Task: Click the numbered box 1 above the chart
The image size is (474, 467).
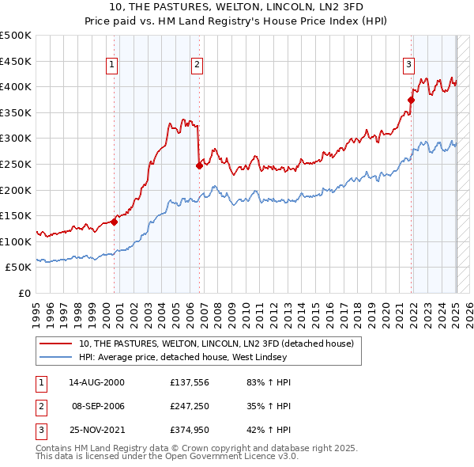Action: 112,66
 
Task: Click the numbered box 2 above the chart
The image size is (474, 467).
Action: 197,66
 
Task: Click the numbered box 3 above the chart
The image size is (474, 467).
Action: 409,66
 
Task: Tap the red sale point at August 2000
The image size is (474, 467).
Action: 115,222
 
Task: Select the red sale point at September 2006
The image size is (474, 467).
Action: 199,165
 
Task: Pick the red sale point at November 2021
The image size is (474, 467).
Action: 412,100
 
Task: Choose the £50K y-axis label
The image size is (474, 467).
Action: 18,268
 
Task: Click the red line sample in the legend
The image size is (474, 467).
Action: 56,344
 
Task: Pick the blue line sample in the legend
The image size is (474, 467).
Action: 56,357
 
